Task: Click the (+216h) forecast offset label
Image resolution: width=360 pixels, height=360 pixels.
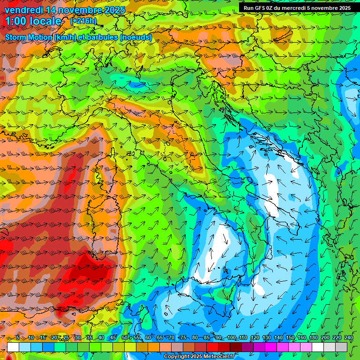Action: (83, 21)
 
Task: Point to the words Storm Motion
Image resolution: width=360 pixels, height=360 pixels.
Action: (29, 37)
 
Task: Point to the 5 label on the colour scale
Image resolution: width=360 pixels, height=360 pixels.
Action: (17, 338)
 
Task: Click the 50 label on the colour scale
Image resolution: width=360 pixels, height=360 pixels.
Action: (124, 338)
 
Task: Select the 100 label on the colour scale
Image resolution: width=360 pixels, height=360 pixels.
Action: (231, 338)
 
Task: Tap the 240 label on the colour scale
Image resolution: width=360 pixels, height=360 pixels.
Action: (348, 338)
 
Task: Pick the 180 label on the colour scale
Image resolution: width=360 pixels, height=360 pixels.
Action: (313, 338)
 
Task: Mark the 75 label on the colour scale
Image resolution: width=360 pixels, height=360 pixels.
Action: (183, 338)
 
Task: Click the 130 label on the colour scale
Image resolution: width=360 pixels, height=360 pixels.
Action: (266, 338)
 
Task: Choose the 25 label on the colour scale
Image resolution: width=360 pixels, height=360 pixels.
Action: (66, 338)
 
